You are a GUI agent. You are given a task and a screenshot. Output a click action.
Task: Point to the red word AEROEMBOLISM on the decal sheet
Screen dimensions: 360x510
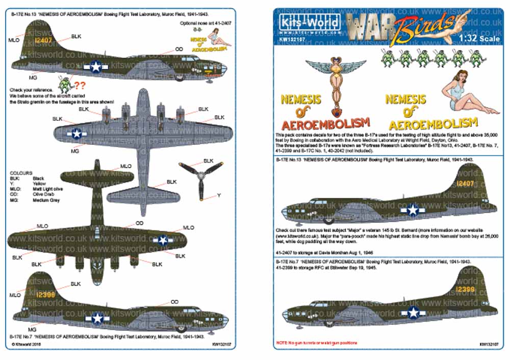[x=325, y=123]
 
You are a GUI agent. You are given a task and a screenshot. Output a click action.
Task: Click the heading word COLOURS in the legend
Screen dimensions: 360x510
[x=20, y=173]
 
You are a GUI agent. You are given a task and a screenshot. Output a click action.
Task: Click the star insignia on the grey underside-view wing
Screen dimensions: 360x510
[x=76, y=133]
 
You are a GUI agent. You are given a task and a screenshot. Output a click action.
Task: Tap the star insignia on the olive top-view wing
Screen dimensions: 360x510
[x=163, y=240]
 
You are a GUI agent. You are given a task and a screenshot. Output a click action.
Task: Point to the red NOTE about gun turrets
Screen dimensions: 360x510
[x=316, y=343]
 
